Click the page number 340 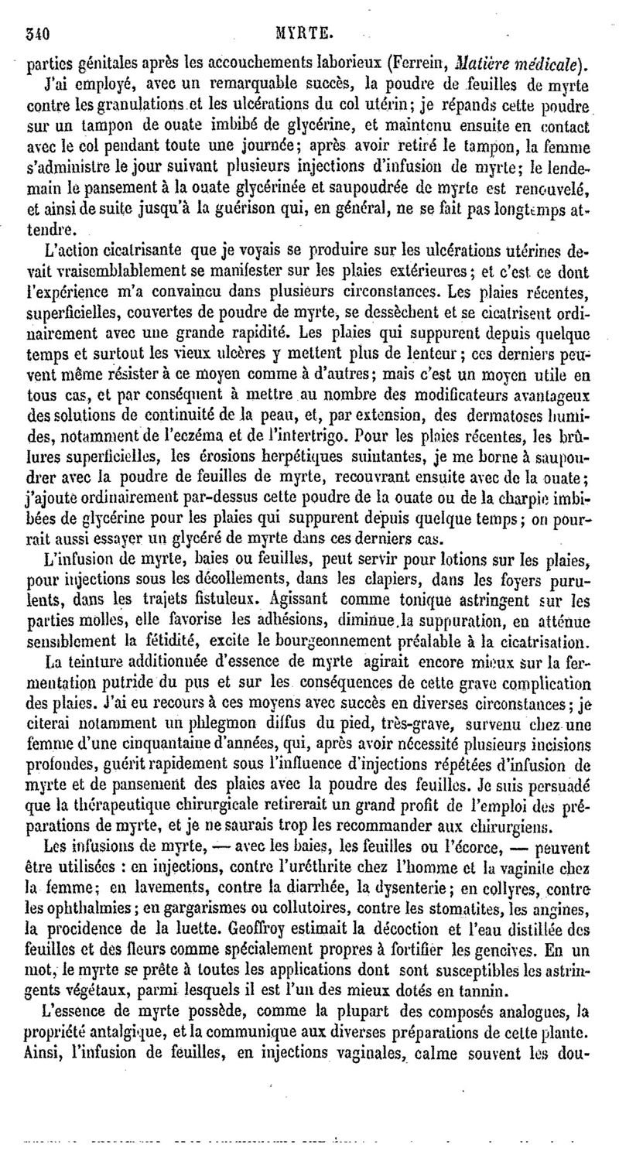click(x=36, y=34)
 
